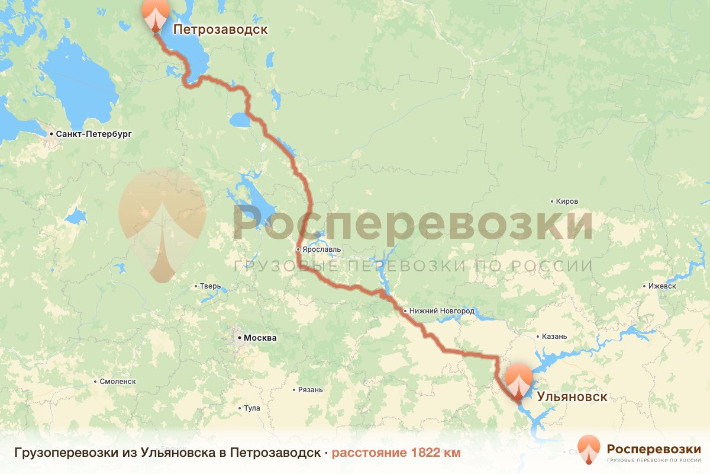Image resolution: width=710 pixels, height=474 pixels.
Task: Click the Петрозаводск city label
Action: [x=220, y=29]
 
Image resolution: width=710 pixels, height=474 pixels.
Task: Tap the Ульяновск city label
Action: [x=572, y=396]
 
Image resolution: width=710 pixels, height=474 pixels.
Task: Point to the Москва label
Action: [x=260, y=338]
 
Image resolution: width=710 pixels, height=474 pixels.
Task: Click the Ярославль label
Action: [x=321, y=249]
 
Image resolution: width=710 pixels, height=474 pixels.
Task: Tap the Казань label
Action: [x=554, y=337]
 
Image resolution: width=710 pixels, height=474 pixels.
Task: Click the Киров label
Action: [x=567, y=201]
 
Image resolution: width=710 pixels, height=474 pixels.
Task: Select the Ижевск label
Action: [x=662, y=286]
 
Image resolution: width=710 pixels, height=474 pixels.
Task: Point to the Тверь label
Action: [x=211, y=286]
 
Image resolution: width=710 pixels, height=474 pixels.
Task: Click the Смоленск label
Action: [x=118, y=381]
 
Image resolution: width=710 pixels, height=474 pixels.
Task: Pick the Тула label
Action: [x=252, y=408]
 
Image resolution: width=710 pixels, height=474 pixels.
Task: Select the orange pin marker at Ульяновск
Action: [x=519, y=381]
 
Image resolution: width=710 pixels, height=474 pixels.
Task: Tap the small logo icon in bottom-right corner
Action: [x=589, y=449]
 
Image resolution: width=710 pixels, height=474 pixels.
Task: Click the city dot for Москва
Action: [x=239, y=338]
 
